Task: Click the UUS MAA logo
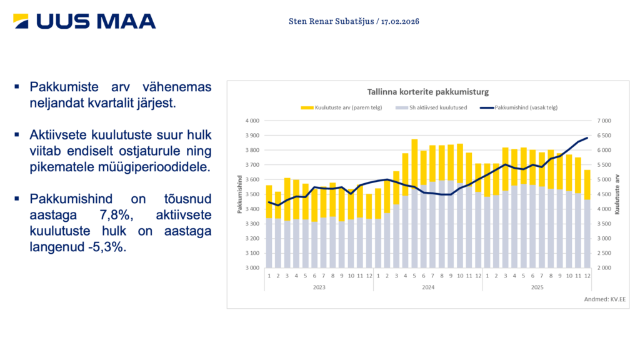84,21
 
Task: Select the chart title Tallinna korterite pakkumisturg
427,92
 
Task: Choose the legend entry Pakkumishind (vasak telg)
519,107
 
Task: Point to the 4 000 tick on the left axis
251,121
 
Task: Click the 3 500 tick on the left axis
251,194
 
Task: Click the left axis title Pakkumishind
239,194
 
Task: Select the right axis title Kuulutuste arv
617,194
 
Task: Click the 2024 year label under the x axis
428,287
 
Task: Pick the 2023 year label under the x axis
319,287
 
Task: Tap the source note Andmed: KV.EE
606,299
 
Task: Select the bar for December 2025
587,219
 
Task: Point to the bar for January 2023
269,225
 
